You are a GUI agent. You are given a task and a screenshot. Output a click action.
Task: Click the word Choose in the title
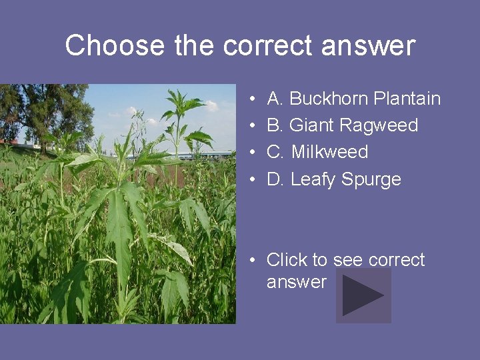115,46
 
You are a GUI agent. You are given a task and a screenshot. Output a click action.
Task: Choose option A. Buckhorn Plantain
353,99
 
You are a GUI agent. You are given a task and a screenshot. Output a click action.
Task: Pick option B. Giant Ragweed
342,125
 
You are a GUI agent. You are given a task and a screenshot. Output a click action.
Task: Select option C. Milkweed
317,152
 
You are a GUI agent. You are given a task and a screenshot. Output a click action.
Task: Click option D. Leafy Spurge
333,179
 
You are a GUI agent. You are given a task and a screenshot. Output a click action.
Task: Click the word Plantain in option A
407,99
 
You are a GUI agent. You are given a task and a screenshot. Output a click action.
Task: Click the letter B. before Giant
275,125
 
